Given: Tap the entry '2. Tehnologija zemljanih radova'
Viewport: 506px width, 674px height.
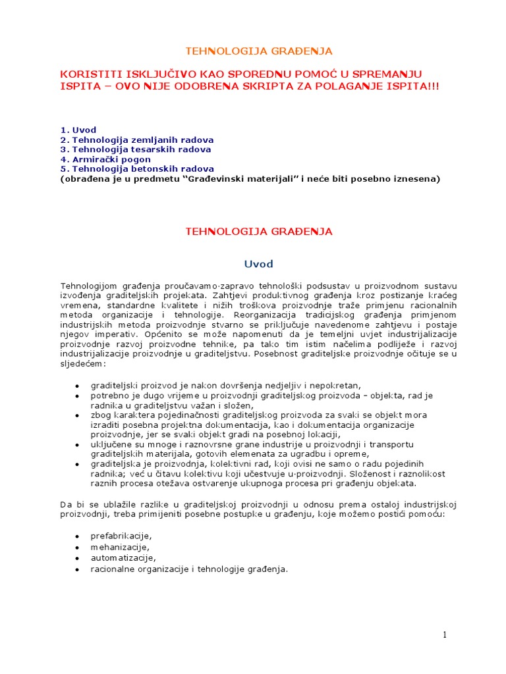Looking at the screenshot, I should (x=136, y=140).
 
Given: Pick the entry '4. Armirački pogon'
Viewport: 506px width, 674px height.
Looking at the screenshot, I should (x=105, y=159).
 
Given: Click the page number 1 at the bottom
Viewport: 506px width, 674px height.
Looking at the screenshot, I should (x=445, y=635).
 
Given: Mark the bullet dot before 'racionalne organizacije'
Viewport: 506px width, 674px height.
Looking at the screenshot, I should (x=77, y=569).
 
